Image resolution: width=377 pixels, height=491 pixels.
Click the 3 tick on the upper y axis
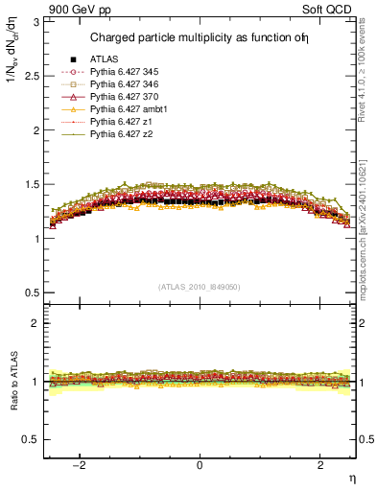coord(39,21)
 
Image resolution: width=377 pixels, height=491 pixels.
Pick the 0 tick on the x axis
coord(200,466)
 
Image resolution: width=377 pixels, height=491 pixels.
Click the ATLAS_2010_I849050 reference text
coord(199,286)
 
